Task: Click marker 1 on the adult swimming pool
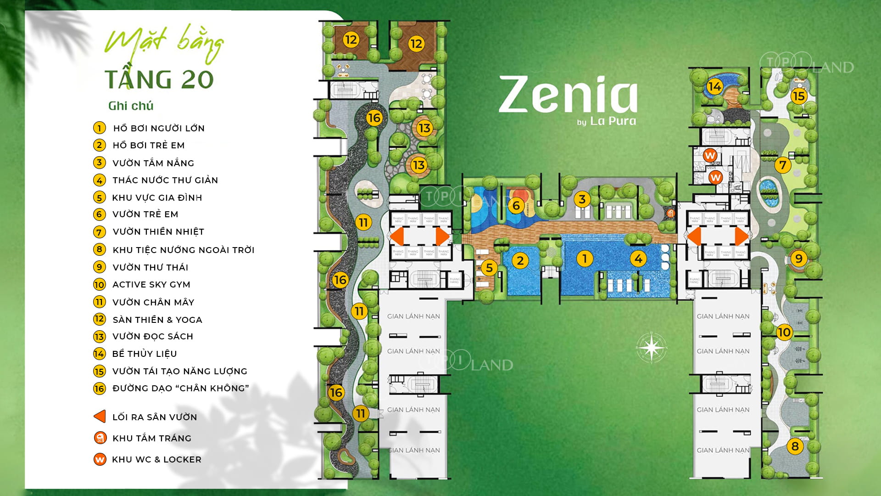(x=584, y=259)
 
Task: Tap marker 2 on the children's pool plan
(x=520, y=261)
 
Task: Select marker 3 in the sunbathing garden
(x=582, y=199)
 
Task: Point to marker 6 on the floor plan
(x=516, y=205)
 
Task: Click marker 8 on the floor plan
(x=795, y=446)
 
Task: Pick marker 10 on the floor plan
(x=784, y=332)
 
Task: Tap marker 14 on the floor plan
(x=714, y=86)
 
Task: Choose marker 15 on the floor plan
(x=798, y=96)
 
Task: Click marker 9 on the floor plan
(x=798, y=259)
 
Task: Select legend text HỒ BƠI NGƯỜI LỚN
(x=159, y=128)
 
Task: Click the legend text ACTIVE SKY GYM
(x=151, y=285)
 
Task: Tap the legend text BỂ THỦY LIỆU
(x=145, y=354)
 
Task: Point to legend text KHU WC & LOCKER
(x=156, y=459)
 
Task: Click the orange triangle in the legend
(x=100, y=417)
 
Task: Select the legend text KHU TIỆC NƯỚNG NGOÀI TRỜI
(x=183, y=250)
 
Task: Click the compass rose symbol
(x=651, y=347)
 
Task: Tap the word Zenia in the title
(x=568, y=95)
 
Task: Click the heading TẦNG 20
(x=159, y=79)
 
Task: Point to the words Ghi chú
(x=131, y=106)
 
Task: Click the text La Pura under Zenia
(x=613, y=121)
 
